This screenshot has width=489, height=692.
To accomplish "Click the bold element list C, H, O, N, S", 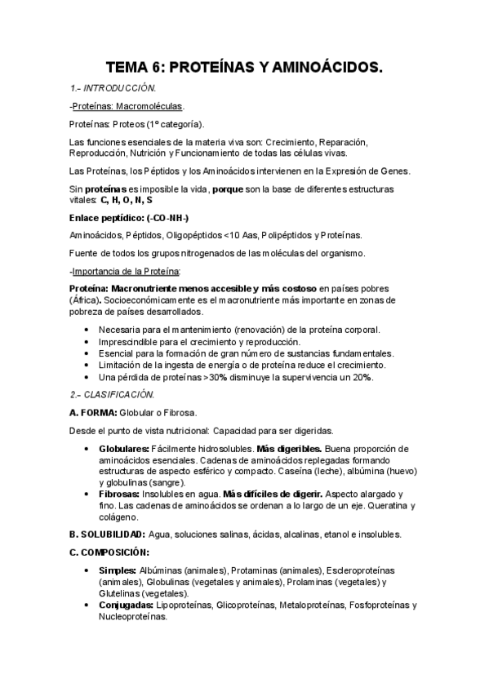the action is coord(126,200).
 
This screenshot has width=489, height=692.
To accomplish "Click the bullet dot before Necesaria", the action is coord(87,330).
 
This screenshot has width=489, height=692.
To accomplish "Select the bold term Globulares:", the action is coord(124,450).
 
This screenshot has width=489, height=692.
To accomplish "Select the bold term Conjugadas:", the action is coord(126,605).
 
